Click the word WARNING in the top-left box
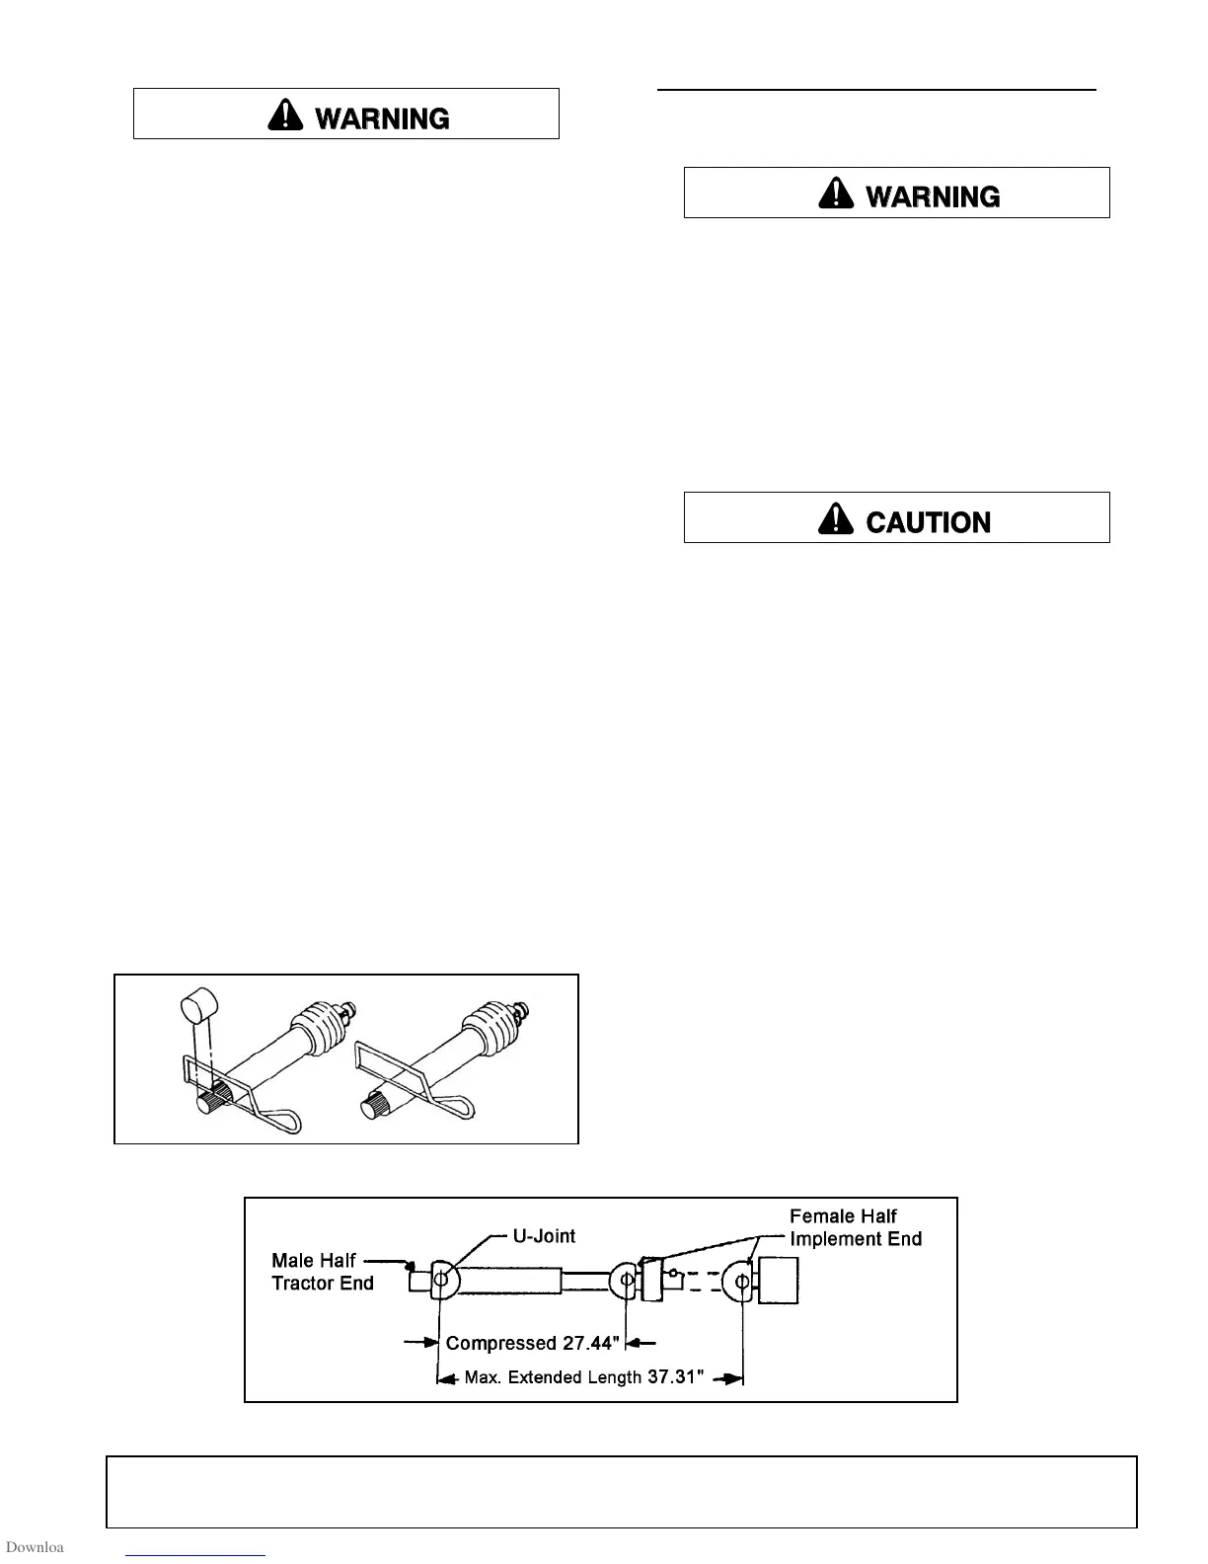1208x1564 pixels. (382, 118)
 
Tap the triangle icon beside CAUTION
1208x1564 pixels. (836, 519)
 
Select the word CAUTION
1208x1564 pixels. (928, 522)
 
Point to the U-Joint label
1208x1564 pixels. (544, 1236)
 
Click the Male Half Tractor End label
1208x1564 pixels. (322, 1272)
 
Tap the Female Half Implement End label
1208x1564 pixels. (855, 1227)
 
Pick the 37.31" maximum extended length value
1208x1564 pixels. (675, 1377)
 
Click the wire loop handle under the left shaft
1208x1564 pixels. (283, 1121)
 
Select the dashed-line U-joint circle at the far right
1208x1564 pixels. (740, 1282)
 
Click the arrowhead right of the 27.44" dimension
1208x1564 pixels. (638, 1343)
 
